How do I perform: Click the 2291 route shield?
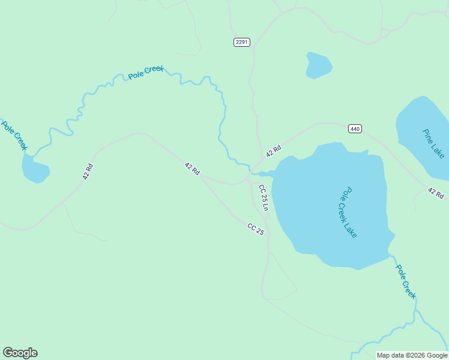pyautogui.click(x=242, y=42)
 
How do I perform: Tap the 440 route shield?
pyautogui.click(x=355, y=128)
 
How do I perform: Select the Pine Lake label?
pyautogui.click(x=433, y=143)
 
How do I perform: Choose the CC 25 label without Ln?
pyautogui.click(x=256, y=229)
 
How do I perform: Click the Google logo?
pyautogui.click(x=20, y=353)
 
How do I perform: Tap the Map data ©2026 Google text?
pyautogui.click(x=412, y=355)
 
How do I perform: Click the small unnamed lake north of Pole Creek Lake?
pyautogui.click(x=318, y=65)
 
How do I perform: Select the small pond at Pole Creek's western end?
pyautogui.click(x=35, y=169)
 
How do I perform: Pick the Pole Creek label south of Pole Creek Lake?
pyautogui.click(x=405, y=281)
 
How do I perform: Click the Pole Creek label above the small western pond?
pyautogui.click(x=14, y=136)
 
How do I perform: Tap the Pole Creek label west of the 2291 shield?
pyautogui.click(x=146, y=73)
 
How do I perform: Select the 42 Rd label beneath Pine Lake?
pyautogui.click(x=436, y=193)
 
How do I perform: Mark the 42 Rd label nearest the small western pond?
pyautogui.click(x=88, y=172)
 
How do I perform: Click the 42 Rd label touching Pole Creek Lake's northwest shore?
pyautogui.click(x=274, y=151)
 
